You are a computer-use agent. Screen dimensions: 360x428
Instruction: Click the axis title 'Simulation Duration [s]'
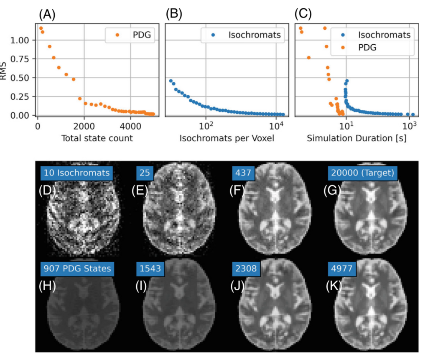point(357,138)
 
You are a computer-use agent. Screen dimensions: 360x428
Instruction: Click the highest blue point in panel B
point(171,81)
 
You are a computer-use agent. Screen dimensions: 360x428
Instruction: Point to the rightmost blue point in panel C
point(413,114)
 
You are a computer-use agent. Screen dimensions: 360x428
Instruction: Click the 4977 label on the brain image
point(341,268)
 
